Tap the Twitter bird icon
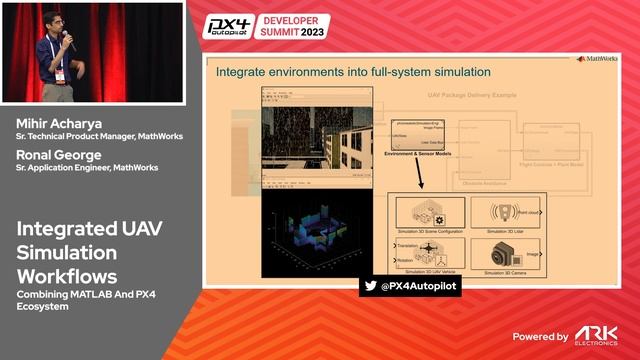[x=371, y=286]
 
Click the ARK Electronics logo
[x=598, y=335]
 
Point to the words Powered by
[x=541, y=337]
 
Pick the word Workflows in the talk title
[x=66, y=274]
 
